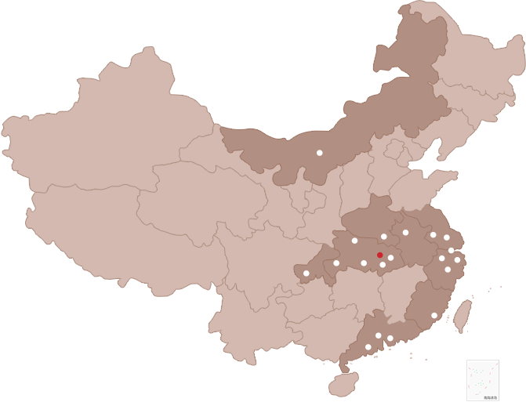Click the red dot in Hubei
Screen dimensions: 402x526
coord(380,255)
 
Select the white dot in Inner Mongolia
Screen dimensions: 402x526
coord(320,153)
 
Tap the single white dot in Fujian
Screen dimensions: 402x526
coord(434,316)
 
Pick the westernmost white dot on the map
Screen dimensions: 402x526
coord(307,273)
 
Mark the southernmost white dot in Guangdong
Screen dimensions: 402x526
coord(368,346)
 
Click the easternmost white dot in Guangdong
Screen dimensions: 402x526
coord(390,339)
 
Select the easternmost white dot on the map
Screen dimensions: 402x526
coord(458,260)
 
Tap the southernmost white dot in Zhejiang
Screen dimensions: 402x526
coord(448,270)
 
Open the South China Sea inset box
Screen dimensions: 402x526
coord(482,380)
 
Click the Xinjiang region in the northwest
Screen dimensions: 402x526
coord(102,125)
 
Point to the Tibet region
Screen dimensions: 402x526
coord(102,235)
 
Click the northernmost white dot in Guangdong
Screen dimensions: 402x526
coord(379,335)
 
